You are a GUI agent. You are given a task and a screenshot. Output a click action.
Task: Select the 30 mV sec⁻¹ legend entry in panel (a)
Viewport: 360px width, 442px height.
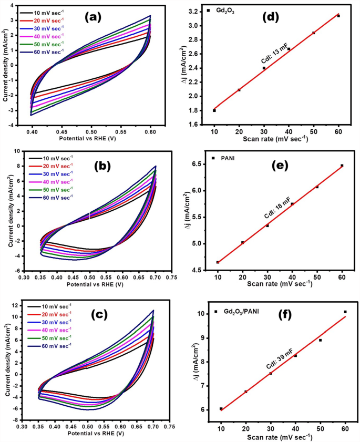click(50, 27)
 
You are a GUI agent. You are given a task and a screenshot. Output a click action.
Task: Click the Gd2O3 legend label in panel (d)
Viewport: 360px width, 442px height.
click(228, 11)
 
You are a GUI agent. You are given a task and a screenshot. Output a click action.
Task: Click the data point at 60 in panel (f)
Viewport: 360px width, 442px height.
click(345, 312)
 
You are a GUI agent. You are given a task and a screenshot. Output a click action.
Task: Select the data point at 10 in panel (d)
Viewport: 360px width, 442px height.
click(214, 110)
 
